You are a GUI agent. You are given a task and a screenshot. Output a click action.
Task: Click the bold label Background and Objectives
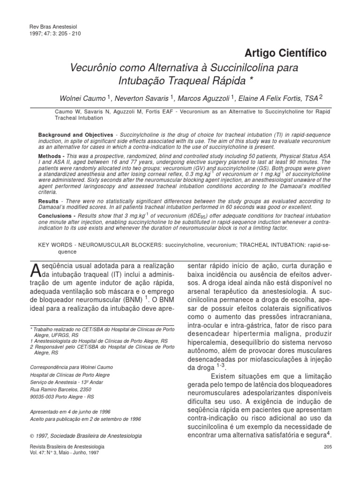75,135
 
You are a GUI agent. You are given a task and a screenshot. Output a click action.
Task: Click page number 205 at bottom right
328,447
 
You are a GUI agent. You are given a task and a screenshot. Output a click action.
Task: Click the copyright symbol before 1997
31,435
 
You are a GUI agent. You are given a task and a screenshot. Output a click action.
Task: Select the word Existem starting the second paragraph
227,377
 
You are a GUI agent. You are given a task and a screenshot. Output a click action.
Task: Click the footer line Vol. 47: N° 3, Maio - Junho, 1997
64,453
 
